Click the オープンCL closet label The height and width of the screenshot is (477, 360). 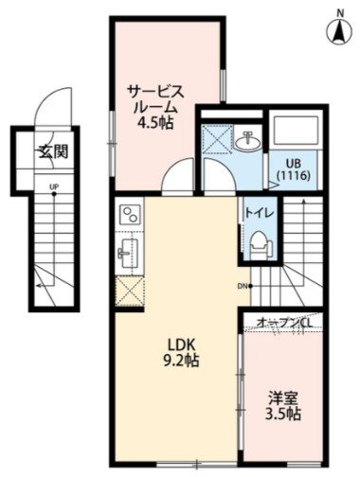(x=286, y=323)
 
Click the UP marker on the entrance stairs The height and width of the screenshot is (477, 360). (x=54, y=186)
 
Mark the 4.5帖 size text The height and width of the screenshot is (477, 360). (x=157, y=122)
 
